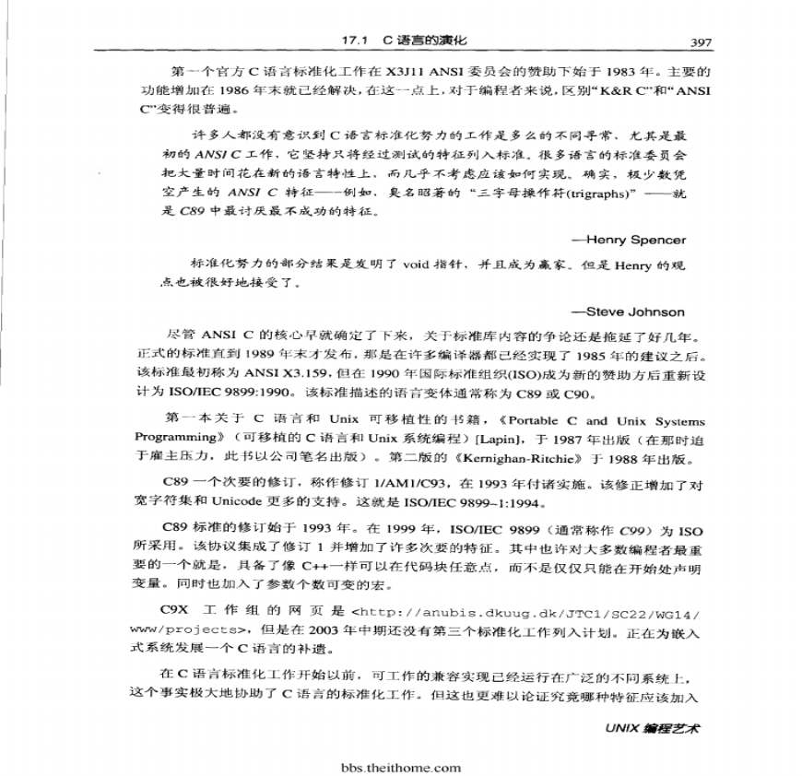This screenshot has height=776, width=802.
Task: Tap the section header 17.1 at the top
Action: point(354,41)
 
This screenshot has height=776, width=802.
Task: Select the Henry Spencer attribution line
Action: point(630,240)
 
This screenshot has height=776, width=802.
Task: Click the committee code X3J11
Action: point(407,72)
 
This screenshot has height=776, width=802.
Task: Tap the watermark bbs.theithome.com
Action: point(400,767)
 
